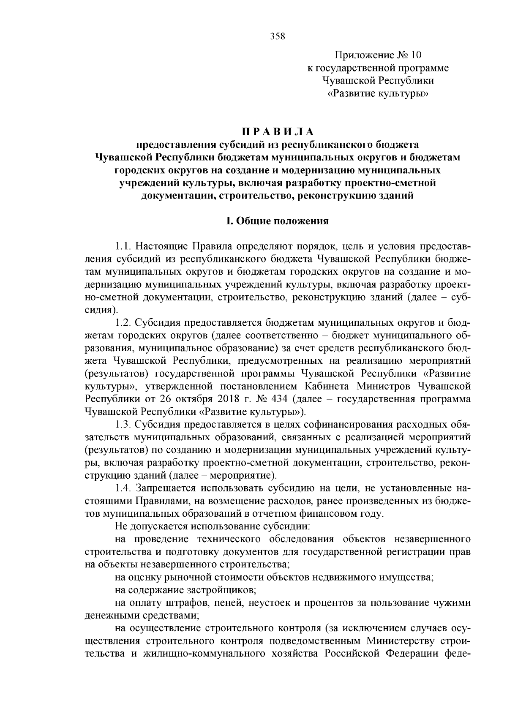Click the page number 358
pos(278,36)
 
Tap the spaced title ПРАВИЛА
pos(278,132)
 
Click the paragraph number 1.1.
pos(124,246)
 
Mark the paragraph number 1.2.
pos(124,323)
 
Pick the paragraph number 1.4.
pos(124,488)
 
